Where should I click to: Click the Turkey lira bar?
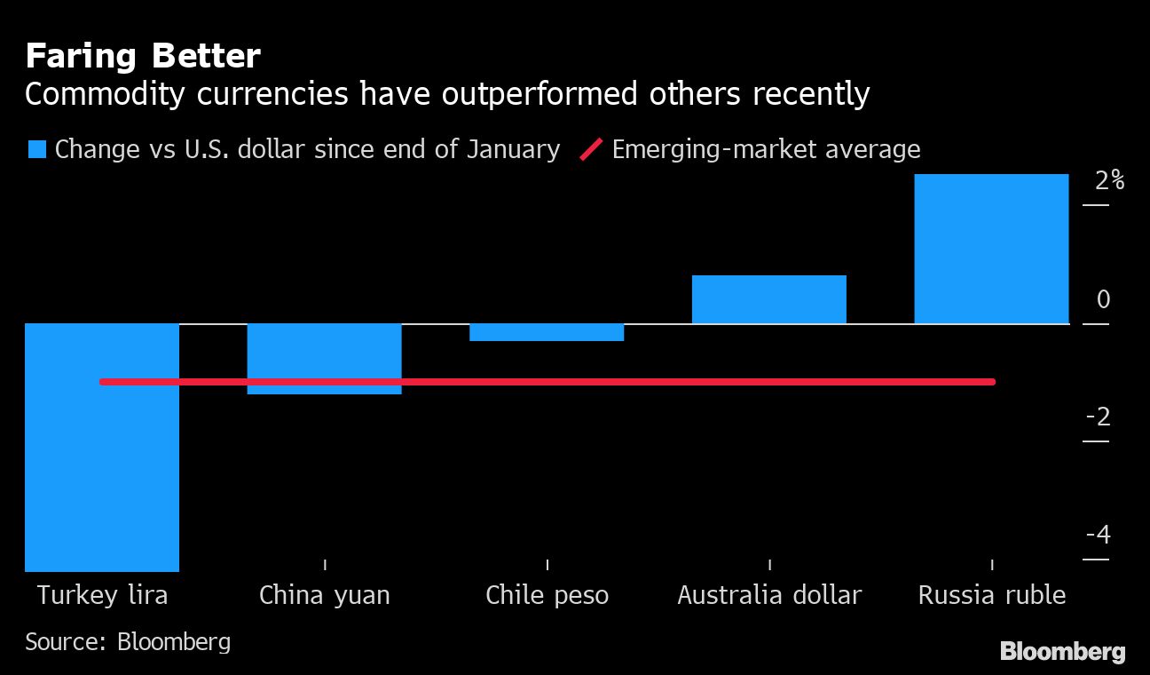(x=102, y=471)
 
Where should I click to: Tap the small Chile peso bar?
(x=547, y=332)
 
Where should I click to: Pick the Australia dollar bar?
(x=768, y=299)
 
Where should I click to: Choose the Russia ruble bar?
(x=991, y=249)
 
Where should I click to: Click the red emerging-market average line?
(x=621, y=382)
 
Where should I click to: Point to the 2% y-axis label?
(x=1109, y=181)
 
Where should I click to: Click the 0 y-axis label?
(x=1103, y=300)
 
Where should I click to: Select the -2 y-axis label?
(x=1099, y=417)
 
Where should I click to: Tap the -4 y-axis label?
(x=1099, y=536)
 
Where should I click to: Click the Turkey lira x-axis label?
(x=102, y=595)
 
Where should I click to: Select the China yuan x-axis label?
(x=324, y=595)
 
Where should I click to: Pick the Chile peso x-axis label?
(x=547, y=595)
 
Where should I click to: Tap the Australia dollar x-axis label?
(x=768, y=595)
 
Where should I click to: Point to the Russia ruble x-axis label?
(x=991, y=595)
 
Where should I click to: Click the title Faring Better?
(x=142, y=57)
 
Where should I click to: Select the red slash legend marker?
(x=591, y=149)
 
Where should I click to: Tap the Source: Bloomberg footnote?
(x=128, y=641)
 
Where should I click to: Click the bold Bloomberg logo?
(x=1062, y=651)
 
